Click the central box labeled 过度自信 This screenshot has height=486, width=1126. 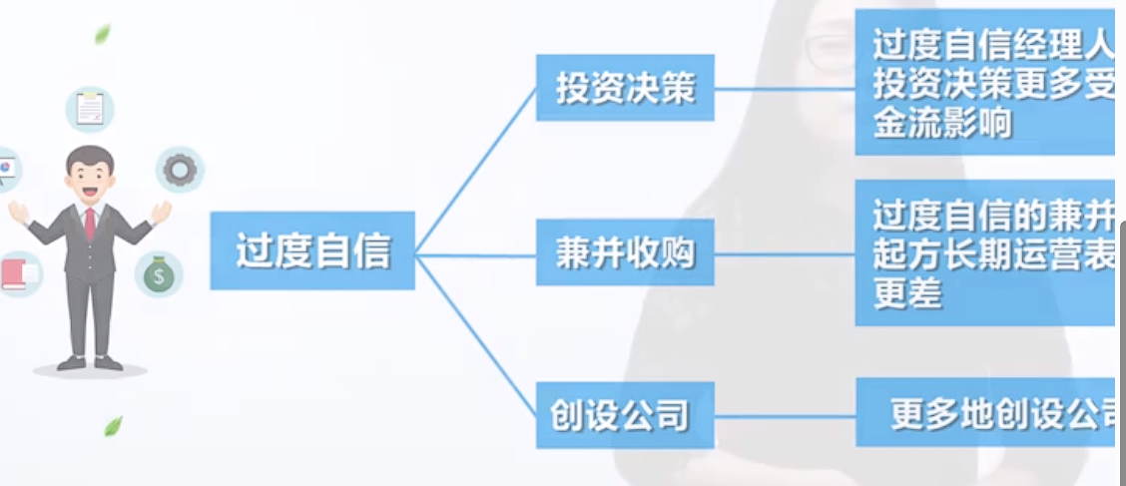point(311,250)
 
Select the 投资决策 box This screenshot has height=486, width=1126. point(625,89)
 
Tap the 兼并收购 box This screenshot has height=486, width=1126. point(625,252)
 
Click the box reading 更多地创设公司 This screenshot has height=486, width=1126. point(988,412)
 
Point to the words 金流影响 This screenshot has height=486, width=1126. point(928,124)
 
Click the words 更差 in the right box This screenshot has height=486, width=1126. point(907,293)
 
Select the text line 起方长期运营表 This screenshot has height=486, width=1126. point(988,255)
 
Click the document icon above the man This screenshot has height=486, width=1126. point(90,108)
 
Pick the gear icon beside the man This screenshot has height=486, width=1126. point(180,170)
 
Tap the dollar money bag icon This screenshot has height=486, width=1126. point(159,274)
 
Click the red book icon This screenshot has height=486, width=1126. point(18,272)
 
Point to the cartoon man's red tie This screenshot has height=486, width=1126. point(90,222)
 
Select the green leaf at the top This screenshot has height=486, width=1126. point(102,35)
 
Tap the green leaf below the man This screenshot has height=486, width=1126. point(113,426)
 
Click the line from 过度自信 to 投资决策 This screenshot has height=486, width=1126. point(475,170)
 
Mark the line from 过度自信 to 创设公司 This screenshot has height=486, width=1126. point(475,335)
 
